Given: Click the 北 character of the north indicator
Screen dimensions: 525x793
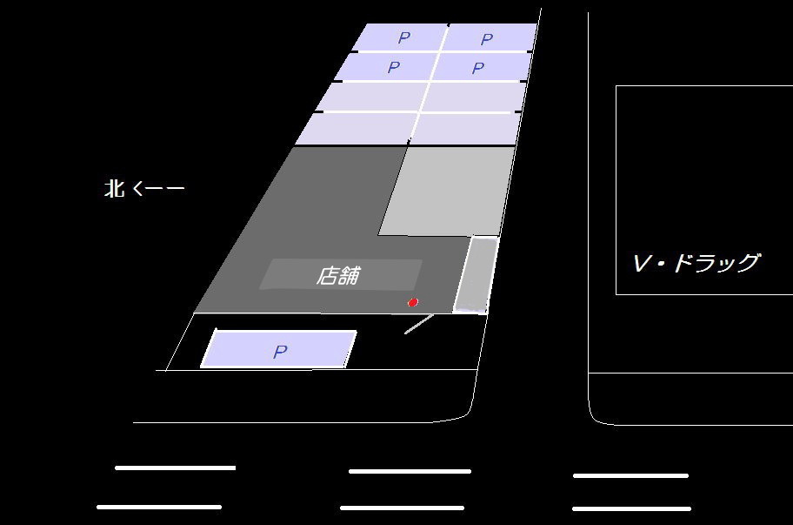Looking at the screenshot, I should pyautogui.click(x=115, y=188).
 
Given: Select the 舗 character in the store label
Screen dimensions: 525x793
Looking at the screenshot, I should pyautogui.click(x=349, y=276).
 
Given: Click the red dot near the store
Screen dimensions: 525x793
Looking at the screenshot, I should pyautogui.click(x=413, y=302).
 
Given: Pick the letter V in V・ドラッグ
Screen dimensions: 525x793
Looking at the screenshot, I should pyautogui.click(x=642, y=263).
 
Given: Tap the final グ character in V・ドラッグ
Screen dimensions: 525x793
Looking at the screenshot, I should pyautogui.click(x=746, y=263).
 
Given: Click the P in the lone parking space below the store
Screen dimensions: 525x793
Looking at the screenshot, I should pyautogui.click(x=280, y=352).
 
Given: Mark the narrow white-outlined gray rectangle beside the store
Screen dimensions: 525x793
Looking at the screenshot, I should pyautogui.click(x=475, y=274).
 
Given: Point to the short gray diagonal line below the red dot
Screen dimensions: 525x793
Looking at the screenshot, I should pyautogui.click(x=419, y=324).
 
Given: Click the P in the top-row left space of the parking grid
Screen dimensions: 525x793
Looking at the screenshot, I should pyautogui.click(x=403, y=37).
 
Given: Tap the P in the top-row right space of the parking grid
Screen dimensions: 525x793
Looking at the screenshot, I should pyautogui.click(x=487, y=39).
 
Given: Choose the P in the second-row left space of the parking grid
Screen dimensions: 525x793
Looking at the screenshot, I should pyautogui.click(x=394, y=67).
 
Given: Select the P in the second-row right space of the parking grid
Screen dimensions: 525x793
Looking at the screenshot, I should pyautogui.click(x=477, y=68).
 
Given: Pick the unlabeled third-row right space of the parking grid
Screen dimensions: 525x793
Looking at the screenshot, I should pyautogui.click(x=473, y=97).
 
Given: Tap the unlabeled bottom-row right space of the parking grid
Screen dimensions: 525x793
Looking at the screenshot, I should pyautogui.click(x=464, y=128).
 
